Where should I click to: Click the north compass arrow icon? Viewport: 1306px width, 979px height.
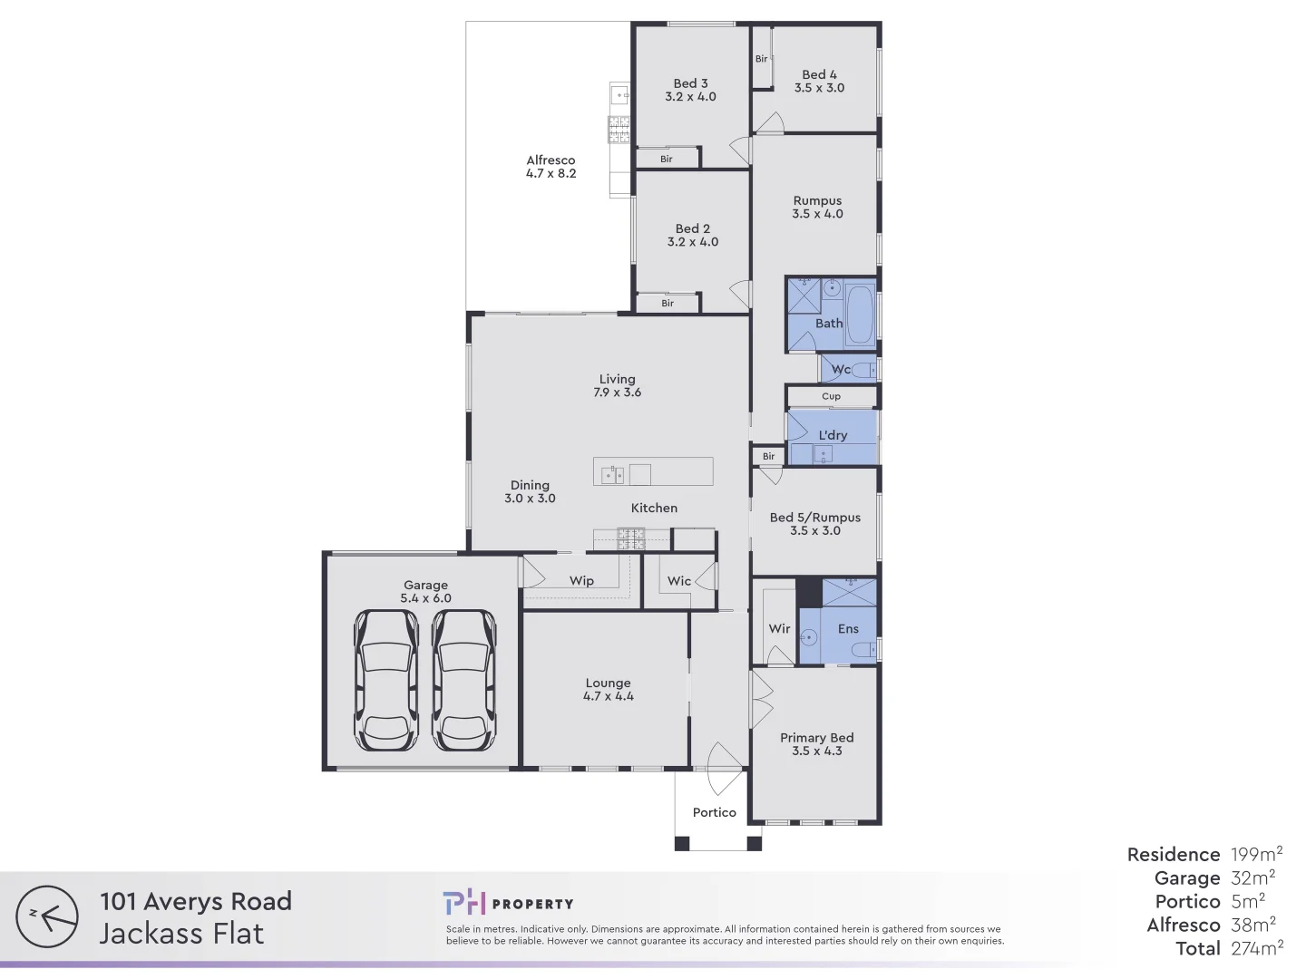[x=47, y=916]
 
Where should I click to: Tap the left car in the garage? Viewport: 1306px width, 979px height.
[x=386, y=679]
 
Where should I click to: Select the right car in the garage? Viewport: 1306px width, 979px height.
[x=463, y=679]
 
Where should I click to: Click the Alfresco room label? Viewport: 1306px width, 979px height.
[x=551, y=160]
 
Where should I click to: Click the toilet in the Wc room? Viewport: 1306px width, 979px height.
[x=865, y=370]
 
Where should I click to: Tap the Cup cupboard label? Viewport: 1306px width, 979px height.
[x=831, y=396]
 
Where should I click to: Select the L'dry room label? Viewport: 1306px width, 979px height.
[x=833, y=435]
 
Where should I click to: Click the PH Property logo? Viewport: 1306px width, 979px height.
[x=508, y=903]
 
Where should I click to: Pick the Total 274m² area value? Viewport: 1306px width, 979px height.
[x=1256, y=948]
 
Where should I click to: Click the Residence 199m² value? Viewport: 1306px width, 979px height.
[x=1256, y=854]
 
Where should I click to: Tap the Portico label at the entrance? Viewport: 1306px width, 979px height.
[x=714, y=812]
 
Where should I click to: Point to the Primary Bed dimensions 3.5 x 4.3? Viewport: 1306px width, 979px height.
[x=816, y=751]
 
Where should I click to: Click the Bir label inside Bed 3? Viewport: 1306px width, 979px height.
[x=667, y=159]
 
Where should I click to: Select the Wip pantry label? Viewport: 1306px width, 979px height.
[x=581, y=581]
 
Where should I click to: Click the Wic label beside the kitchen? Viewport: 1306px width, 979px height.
[x=679, y=581]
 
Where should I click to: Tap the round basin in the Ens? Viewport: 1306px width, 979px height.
[x=809, y=637]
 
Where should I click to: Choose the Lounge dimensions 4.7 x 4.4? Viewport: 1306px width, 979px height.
[x=608, y=696]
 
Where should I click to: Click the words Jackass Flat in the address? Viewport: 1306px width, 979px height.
[x=181, y=933]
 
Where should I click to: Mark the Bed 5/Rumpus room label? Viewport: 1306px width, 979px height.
[x=814, y=518]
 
